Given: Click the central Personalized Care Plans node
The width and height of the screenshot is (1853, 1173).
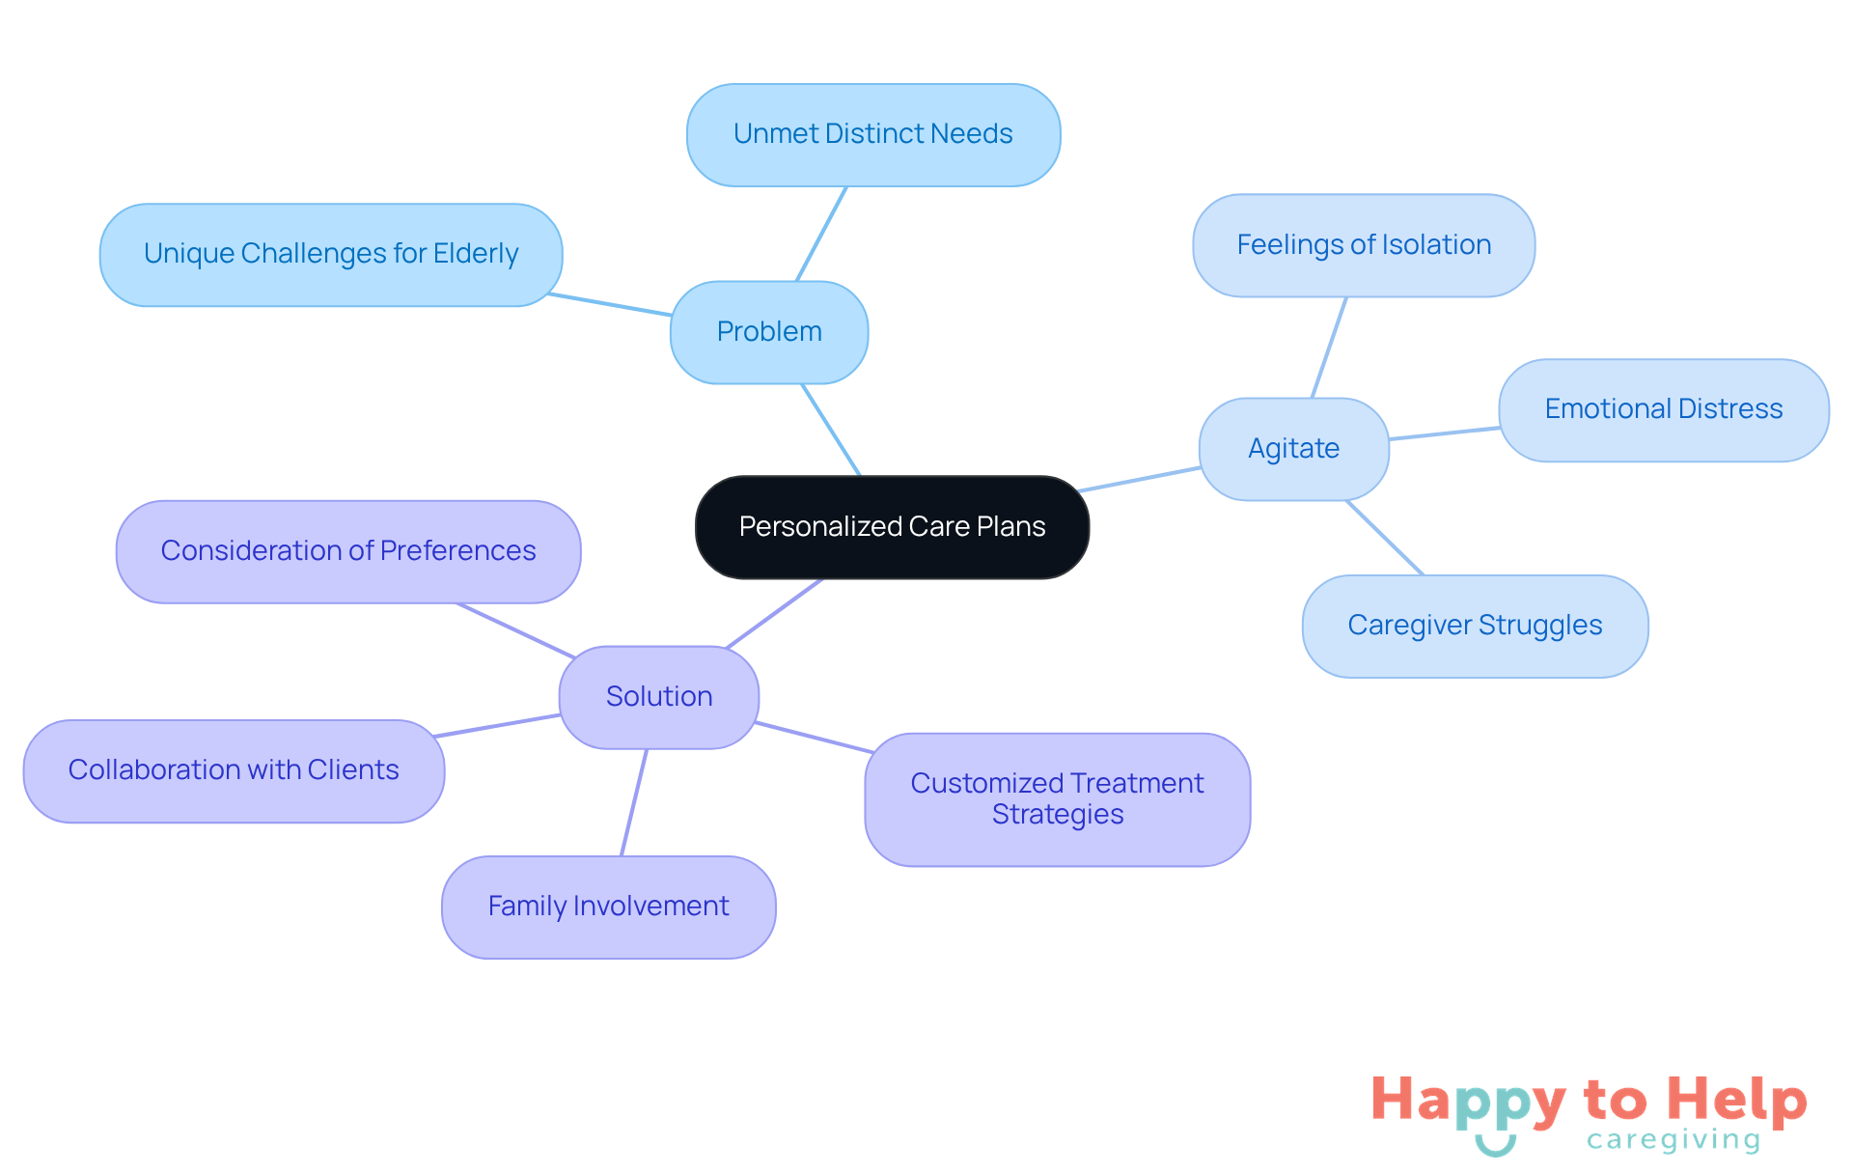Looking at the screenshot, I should pos(892,527).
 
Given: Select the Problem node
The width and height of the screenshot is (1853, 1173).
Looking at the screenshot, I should pos(769,332).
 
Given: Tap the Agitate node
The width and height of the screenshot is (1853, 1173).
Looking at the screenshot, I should pos(1293,449).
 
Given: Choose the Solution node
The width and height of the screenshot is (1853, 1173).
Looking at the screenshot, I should pos(659,697).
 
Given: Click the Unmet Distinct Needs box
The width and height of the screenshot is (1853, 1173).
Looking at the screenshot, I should pos(872,134).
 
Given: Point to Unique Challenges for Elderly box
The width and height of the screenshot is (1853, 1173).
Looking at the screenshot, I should pos(331,254).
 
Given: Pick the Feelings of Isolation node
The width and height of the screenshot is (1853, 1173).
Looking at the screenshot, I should pos(1364,245).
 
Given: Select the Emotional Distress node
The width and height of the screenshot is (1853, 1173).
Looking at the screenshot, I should pos(1663,409).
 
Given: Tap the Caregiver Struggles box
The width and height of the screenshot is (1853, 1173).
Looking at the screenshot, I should pos(1475,626).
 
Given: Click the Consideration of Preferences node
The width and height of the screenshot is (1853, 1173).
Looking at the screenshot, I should pos(347,551).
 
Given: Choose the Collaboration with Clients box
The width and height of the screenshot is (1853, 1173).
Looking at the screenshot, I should pos(234,770).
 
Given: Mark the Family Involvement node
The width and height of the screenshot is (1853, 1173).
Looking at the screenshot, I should pos(608,907).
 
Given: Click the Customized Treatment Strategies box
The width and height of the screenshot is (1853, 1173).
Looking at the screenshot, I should pos(1057,798).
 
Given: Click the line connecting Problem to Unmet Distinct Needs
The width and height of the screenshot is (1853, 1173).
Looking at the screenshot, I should pos(821,234).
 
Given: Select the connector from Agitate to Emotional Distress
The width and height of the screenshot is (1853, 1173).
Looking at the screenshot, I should pos(1444,433).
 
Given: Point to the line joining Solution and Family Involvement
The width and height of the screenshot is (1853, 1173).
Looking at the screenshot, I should pos(634,802).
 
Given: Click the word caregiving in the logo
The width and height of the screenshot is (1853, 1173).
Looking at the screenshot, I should pos(1673,1140).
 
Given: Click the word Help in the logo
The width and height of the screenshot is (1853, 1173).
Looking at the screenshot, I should pos(1736,1100).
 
